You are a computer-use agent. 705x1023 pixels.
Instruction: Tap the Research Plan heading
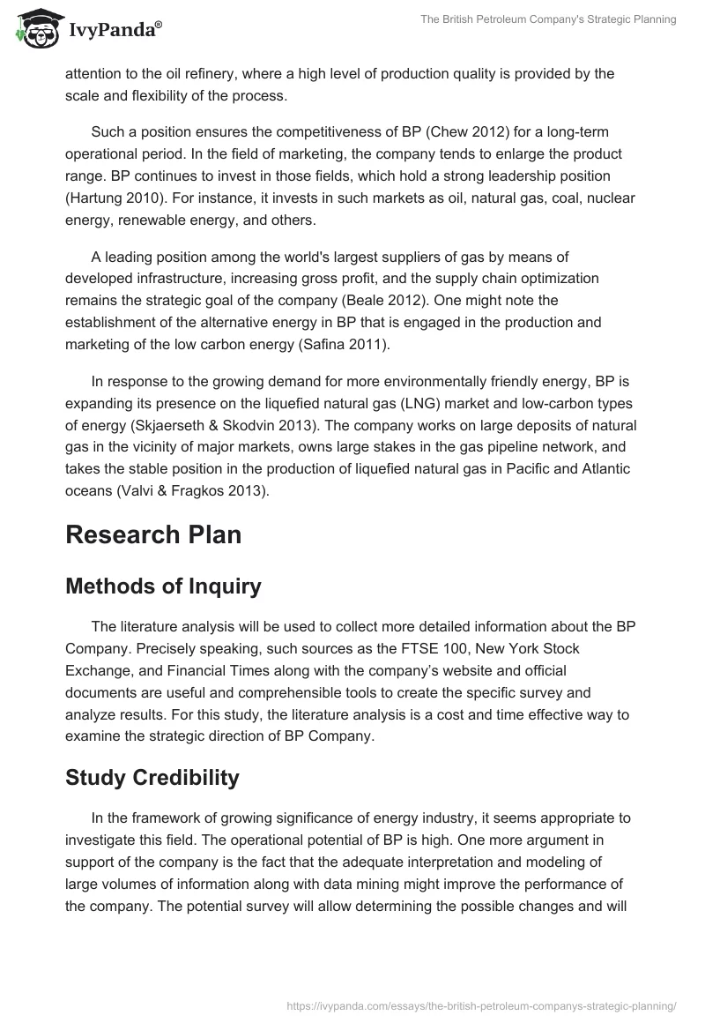[153, 534]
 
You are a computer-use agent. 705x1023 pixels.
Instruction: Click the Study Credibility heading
[152, 777]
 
